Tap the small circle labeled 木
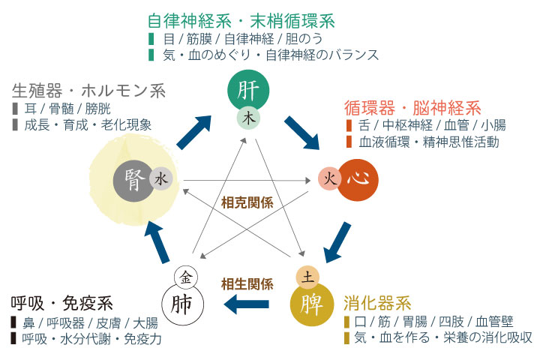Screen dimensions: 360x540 click(248, 118)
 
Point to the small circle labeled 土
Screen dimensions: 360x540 click(307, 277)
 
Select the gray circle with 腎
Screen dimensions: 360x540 click(134, 180)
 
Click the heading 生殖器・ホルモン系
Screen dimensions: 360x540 click(88, 90)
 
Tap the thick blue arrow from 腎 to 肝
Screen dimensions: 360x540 click(193, 130)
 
